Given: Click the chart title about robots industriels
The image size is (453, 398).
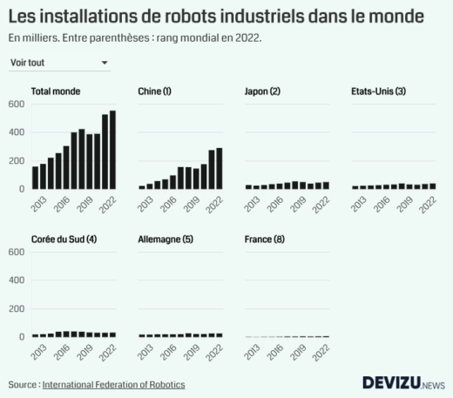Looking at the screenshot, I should pyautogui.click(x=217, y=16).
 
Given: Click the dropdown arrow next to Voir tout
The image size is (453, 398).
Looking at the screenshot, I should pyautogui.click(x=105, y=63).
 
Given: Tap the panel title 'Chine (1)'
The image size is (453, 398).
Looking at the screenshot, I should pyautogui.click(x=155, y=91).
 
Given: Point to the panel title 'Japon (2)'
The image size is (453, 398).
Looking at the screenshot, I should pyautogui.click(x=263, y=91).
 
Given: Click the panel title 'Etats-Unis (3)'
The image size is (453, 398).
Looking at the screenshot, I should pyautogui.click(x=378, y=91).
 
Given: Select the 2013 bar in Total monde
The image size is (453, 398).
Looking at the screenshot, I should pyautogui.click(x=36, y=177).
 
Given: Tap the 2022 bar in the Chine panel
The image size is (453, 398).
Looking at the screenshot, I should pyautogui.click(x=220, y=168).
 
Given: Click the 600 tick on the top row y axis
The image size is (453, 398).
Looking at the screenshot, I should pyautogui.click(x=17, y=104).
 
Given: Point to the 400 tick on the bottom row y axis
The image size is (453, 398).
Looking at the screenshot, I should pyautogui.click(x=17, y=280).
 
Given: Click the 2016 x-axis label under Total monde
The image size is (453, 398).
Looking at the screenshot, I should pyautogui.click(x=61, y=204).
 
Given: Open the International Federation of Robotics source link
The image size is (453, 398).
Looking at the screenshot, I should pyautogui.click(x=113, y=384).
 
